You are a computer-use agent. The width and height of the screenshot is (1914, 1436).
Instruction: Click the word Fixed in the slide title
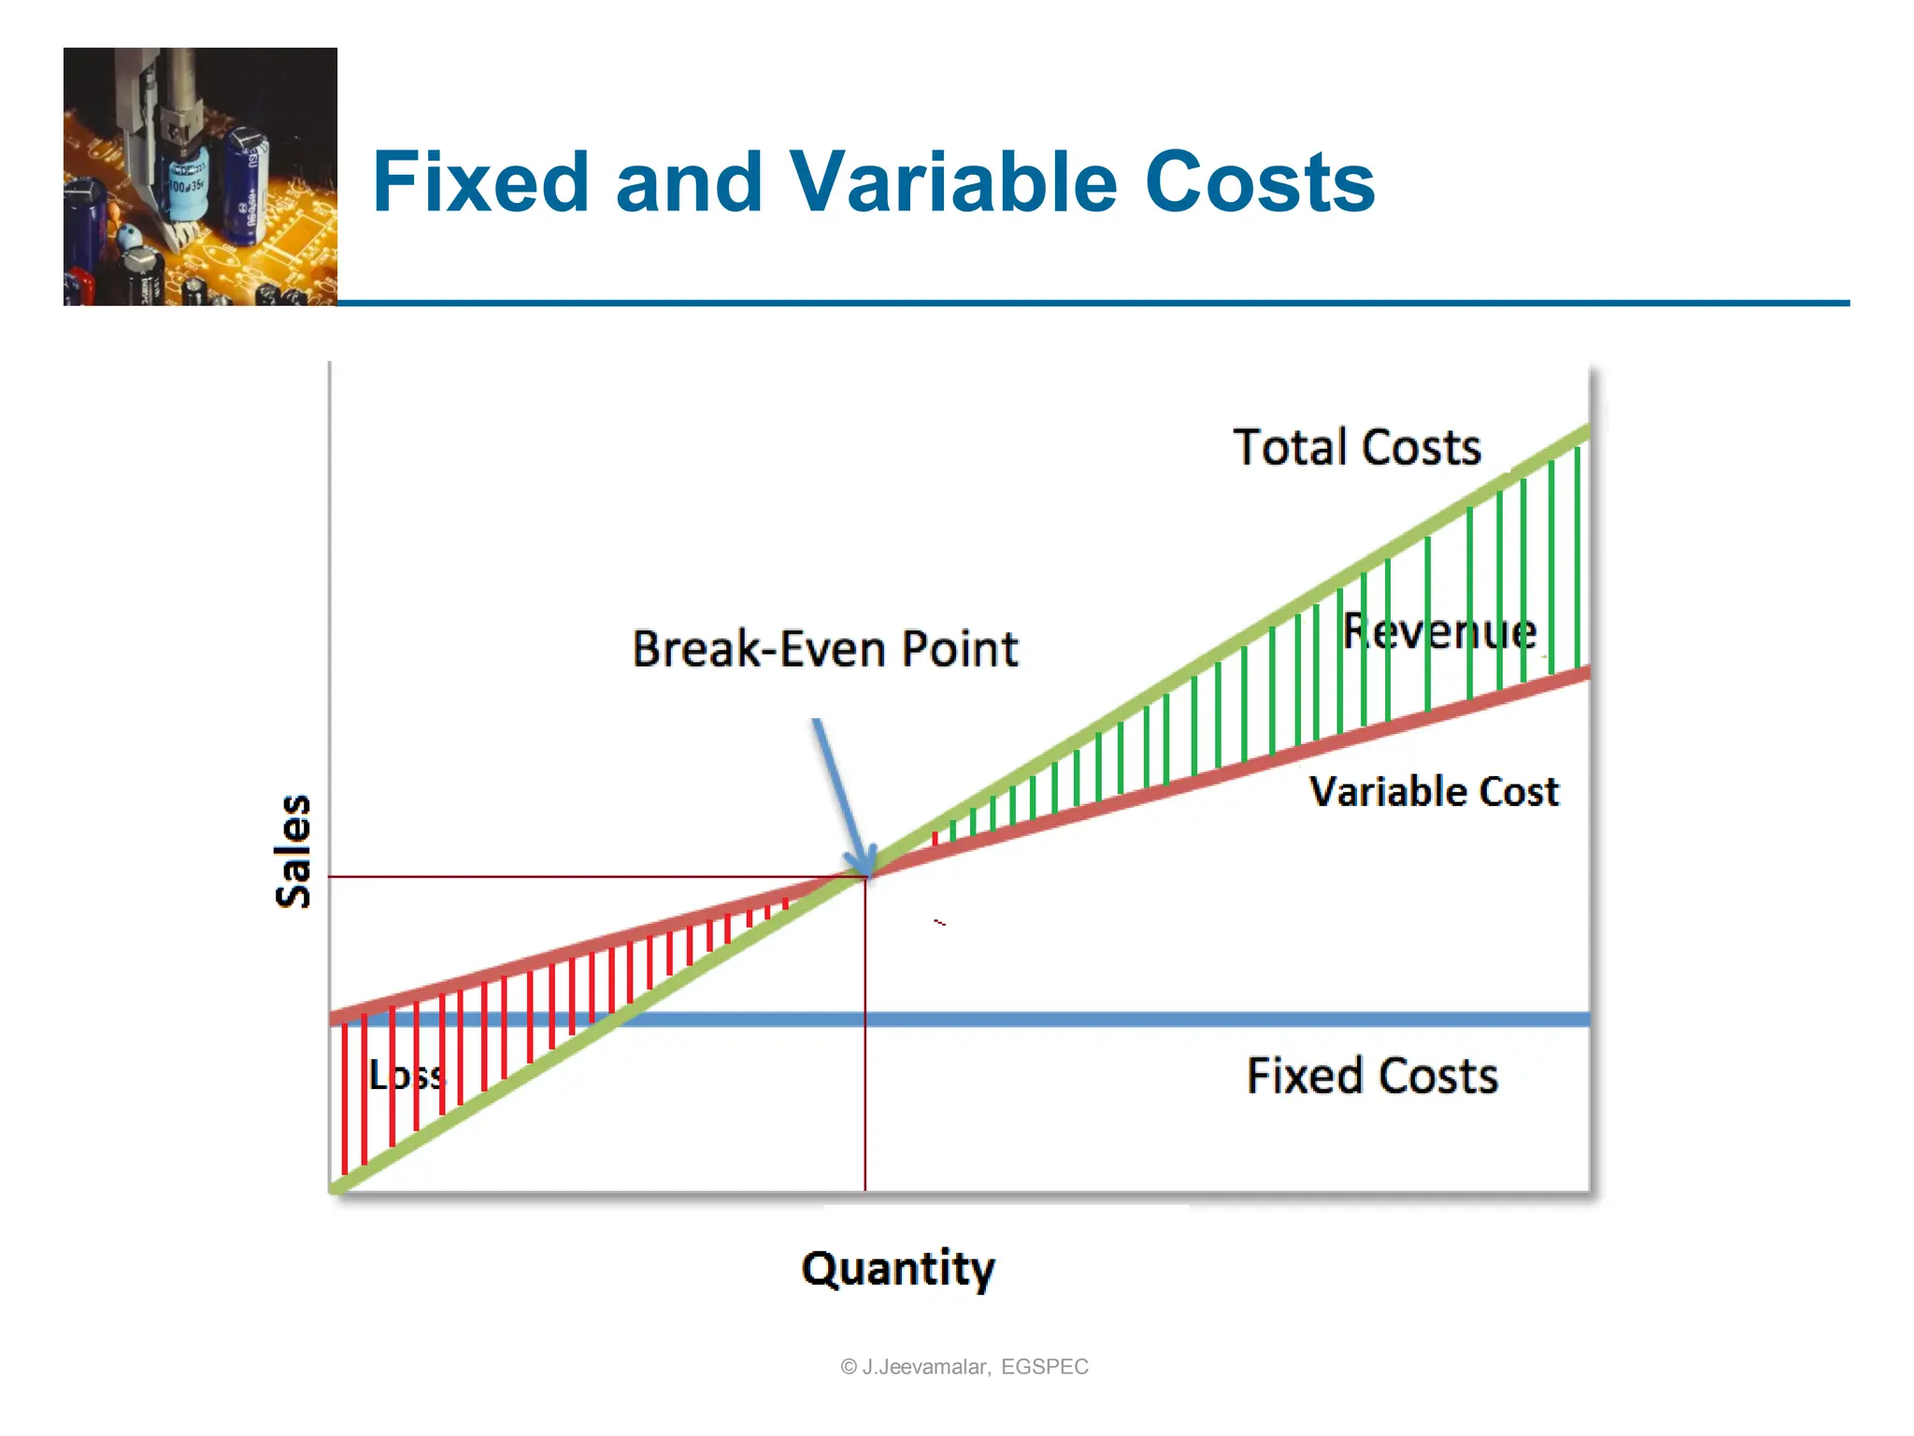point(480,182)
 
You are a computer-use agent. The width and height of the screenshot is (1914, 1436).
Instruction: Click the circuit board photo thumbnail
point(200,177)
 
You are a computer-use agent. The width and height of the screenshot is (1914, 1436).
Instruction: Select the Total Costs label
point(1357,447)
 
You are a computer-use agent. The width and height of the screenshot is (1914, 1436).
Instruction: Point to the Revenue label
point(1439,631)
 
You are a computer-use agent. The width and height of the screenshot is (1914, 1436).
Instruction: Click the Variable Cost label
point(1434,791)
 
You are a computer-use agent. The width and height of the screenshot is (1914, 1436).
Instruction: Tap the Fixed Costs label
point(1372,1075)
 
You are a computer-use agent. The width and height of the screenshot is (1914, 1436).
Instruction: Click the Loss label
point(407,1075)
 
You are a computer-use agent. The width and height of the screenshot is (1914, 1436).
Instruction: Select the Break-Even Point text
point(825,649)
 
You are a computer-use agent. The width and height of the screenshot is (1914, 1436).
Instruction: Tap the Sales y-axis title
point(293,851)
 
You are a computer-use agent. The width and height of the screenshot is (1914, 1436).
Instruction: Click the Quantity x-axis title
point(898,1269)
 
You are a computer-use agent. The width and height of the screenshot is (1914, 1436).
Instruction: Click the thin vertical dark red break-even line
point(865,1075)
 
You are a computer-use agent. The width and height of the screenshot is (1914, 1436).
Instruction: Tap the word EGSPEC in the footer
point(1044,1367)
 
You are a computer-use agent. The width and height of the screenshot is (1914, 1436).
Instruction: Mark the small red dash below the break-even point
point(940,923)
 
